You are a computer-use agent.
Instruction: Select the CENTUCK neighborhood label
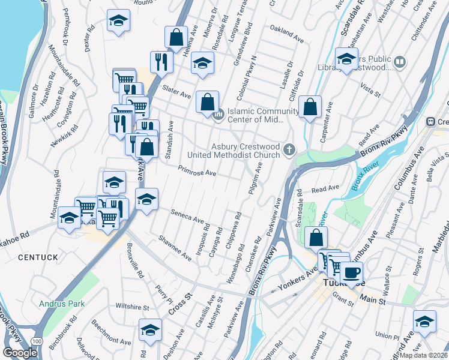[38, 257]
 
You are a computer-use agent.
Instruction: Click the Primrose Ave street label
[197, 172]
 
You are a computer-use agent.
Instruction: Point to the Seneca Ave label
[187, 216]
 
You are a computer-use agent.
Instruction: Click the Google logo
[20, 353]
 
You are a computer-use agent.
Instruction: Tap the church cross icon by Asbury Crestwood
[290, 149]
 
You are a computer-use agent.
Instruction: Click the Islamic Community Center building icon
[219, 113]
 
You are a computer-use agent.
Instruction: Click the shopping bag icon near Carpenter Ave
[310, 107]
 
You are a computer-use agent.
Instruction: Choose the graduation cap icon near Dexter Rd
[118, 21]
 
